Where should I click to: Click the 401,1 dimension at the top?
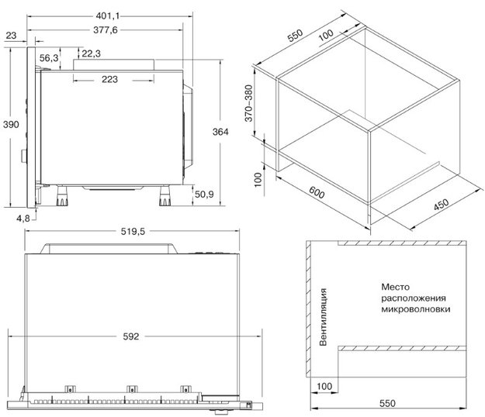point(107,16)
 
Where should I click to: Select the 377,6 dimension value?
point(106,30)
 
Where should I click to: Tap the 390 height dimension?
point(11,125)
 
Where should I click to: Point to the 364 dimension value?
point(220,132)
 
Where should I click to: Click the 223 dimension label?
point(110,79)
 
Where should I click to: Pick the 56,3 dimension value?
point(49,58)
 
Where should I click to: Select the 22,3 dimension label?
point(92,53)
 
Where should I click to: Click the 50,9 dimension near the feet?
point(204,195)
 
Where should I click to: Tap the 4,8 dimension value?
point(23,219)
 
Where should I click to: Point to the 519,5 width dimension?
point(133,231)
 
